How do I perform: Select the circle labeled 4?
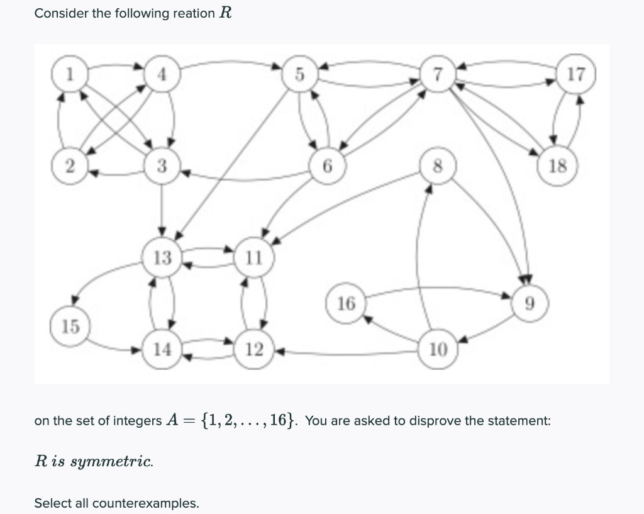click(x=162, y=74)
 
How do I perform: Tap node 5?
click(x=300, y=74)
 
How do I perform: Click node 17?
click(x=575, y=75)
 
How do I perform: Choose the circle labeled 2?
click(x=70, y=166)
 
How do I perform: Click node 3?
click(x=162, y=166)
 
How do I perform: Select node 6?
click(x=327, y=166)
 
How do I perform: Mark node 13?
click(x=162, y=257)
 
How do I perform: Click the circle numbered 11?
click(x=254, y=257)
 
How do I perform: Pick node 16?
click(x=346, y=303)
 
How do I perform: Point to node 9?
click(x=530, y=303)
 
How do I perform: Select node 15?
click(x=70, y=327)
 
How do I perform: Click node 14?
click(x=162, y=349)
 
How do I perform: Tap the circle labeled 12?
click(x=254, y=349)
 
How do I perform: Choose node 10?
click(x=438, y=349)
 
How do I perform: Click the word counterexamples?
click(x=152, y=503)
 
